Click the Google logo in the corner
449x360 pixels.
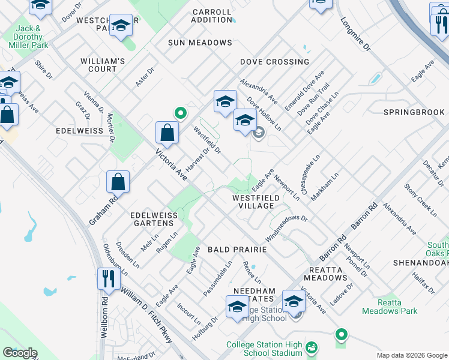click(20, 353)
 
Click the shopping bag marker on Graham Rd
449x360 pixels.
click(118, 182)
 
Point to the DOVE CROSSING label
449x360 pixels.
click(274, 62)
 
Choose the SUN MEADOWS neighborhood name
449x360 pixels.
click(200, 43)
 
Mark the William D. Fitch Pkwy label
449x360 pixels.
click(146, 314)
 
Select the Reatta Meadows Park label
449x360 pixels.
click(390, 307)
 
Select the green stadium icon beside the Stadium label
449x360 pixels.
click(311, 347)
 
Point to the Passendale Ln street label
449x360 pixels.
click(217, 278)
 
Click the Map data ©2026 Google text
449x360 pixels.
click(412, 355)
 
